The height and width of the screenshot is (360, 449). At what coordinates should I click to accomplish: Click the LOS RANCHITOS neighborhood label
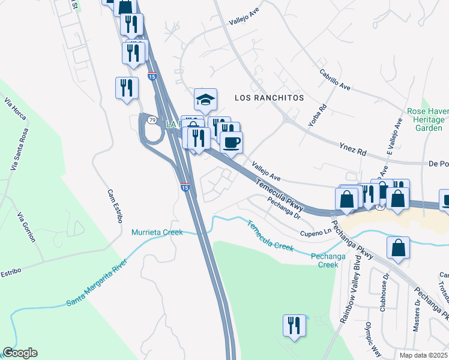pos(269,97)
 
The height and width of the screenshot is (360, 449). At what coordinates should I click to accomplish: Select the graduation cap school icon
pos(205,100)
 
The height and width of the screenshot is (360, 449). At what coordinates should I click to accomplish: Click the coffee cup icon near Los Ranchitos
pos(232,143)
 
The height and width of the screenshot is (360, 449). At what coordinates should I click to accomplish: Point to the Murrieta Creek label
pos(157,232)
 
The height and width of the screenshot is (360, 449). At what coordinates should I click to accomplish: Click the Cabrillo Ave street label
pos(335,79)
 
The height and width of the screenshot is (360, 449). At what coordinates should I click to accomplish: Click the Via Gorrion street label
pos(26,227)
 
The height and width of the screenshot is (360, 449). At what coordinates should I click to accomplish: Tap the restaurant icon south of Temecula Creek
pos(294,326)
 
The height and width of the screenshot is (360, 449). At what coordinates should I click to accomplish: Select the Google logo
pos(20,353)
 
